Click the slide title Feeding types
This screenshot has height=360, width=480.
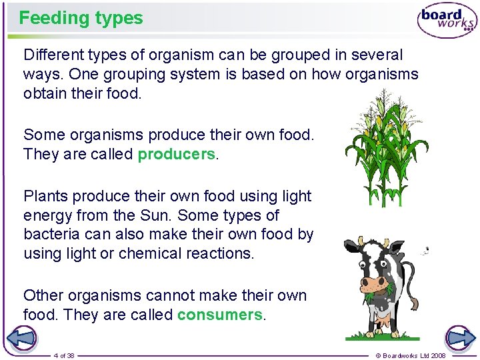tap(81, 18)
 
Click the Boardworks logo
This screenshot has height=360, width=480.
tap(447, 21)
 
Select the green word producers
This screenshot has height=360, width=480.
tap(177, 155)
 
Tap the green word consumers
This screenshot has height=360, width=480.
tap(220, 315)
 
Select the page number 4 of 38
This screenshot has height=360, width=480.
tap(64, 355)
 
